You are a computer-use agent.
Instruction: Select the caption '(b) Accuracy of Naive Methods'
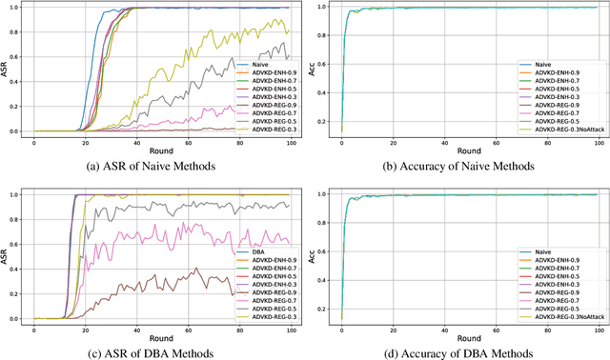(x=458, y=166)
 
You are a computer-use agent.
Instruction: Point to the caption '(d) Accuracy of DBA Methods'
(x=458, y=351)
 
